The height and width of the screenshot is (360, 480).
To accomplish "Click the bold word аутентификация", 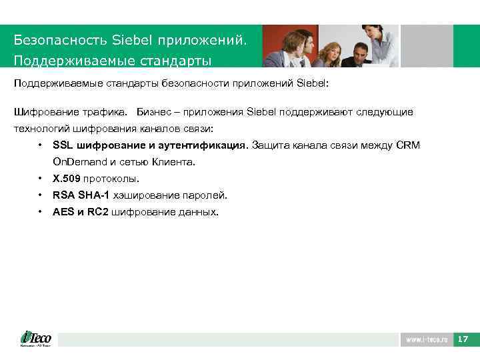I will coord(205,145).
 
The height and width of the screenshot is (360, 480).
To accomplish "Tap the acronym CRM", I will coord(408,145).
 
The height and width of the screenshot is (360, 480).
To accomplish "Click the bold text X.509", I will coord(66,179).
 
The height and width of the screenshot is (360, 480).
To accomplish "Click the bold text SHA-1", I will coord(94,195).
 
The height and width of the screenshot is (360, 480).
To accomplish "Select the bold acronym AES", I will coord(63,212).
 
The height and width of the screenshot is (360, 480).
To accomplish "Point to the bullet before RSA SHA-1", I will coord(41,195).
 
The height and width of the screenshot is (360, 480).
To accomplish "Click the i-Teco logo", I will coord(35,339).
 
